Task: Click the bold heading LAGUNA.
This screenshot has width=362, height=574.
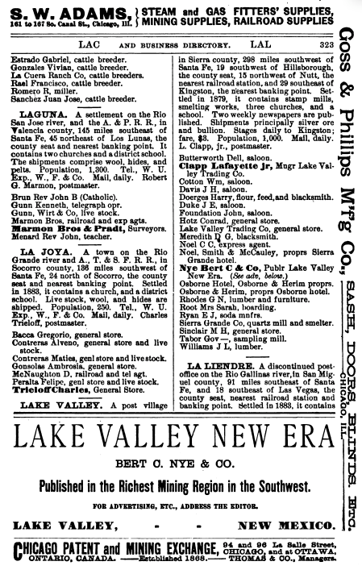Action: point(38,116)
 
